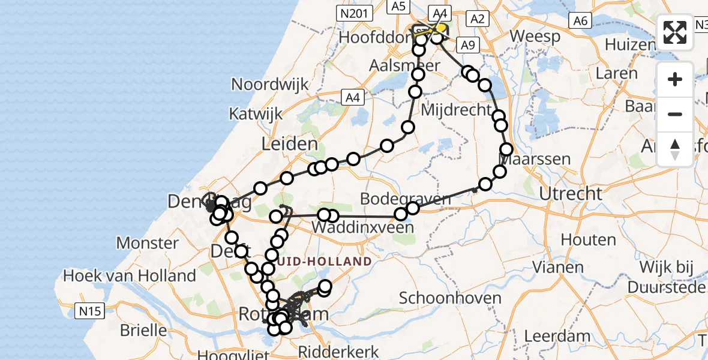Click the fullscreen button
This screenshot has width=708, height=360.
coord(675,32)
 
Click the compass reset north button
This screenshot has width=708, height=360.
coord(675,149)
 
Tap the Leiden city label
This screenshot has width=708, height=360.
coord(289,143)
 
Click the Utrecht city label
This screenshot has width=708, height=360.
coord(571,194)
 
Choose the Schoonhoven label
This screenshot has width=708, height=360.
coord(441,298)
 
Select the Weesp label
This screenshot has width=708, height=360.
coord(535,36)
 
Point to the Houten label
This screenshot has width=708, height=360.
coord(588,240)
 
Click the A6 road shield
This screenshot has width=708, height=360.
coord(580,21)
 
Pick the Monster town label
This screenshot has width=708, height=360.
coord(148,243)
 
